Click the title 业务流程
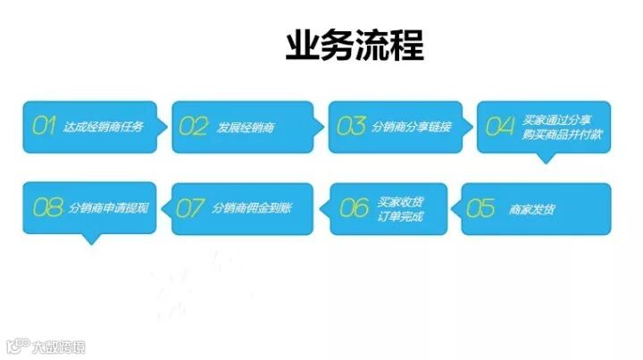(x=355, y=45)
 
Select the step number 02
(x=193, y=126)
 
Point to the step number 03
(x=351, y=126)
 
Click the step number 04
(x=500, y=126)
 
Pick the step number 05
(x=480, y=209)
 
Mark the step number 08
(x=47, y=209)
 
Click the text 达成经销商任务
(x=103, y=127)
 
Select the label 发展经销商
(x=246, y=127)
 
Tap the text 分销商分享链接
(x=412, y=127)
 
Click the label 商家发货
(x=532, y=209)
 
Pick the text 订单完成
(x=400, y=217)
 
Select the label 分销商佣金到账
(x=252, y=209)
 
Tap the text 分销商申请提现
(x=108, y=209)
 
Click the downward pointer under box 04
(x=546, y=158)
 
